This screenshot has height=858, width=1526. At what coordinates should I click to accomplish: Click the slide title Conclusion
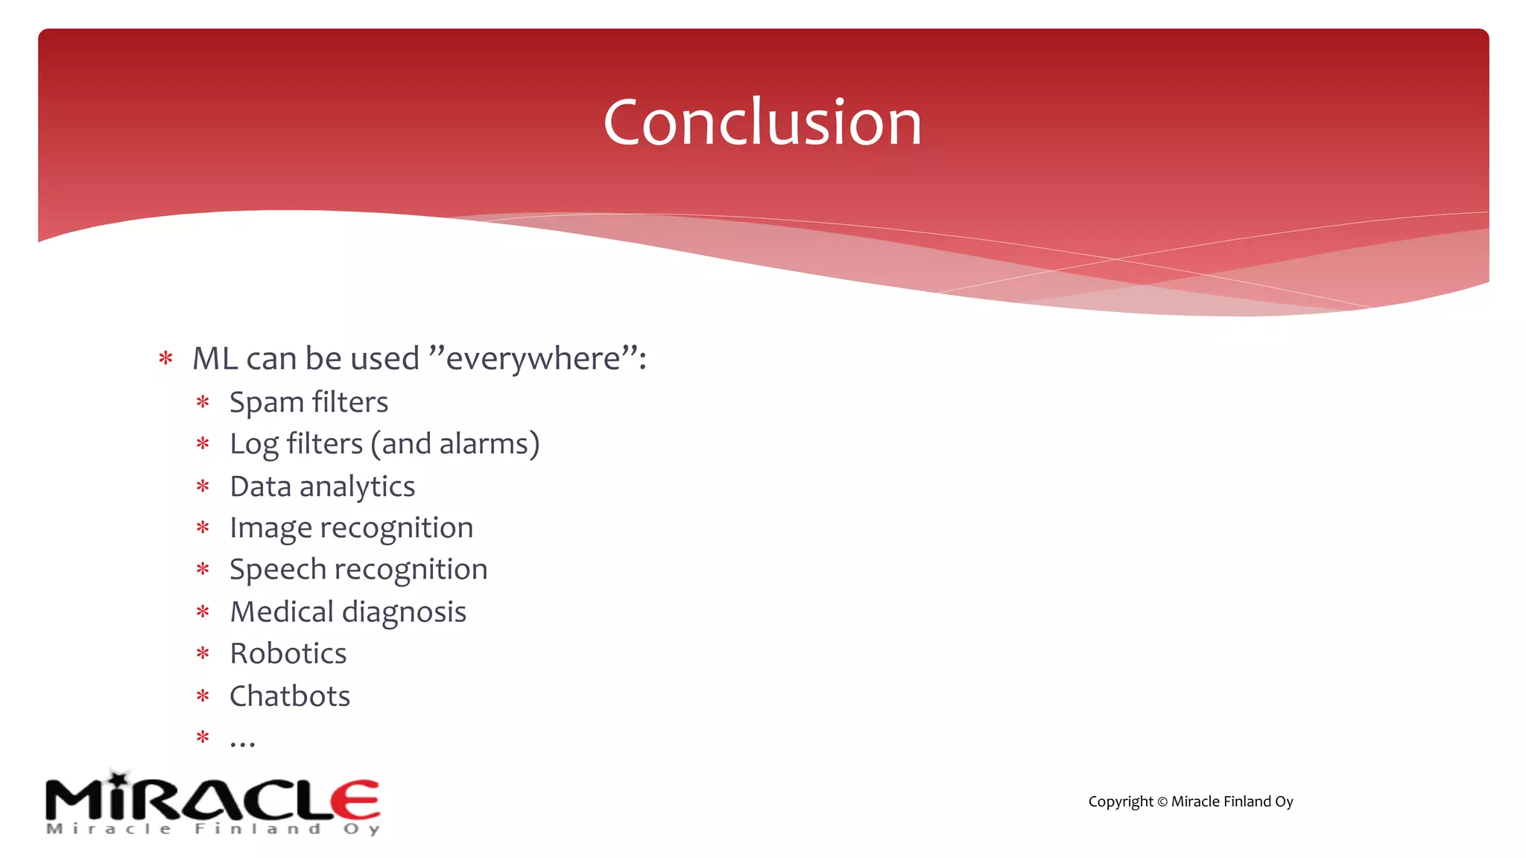click(762, 123)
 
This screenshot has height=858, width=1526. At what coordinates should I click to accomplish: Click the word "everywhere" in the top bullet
click(533, 359)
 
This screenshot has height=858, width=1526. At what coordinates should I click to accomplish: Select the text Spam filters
click(308, 402)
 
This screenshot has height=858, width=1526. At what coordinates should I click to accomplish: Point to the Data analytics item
click(322, 487)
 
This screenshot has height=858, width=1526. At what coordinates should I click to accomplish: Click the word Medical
click(282, 612)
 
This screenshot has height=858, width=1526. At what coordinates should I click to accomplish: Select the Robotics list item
click(288, 654)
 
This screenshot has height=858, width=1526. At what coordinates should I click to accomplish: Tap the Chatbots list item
click(289, 696)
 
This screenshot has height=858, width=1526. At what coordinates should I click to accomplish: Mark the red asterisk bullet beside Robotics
click(203, 654)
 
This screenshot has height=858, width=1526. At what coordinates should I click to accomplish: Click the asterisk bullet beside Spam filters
click(203, 403)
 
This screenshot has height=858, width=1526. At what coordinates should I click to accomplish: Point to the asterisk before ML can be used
click(165, 359)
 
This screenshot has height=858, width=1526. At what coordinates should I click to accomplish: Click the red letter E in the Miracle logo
click(355, 801)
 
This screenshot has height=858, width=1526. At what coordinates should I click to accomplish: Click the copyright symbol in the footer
click(1162, 802)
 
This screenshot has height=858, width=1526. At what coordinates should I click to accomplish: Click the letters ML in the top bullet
click(215, 359)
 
